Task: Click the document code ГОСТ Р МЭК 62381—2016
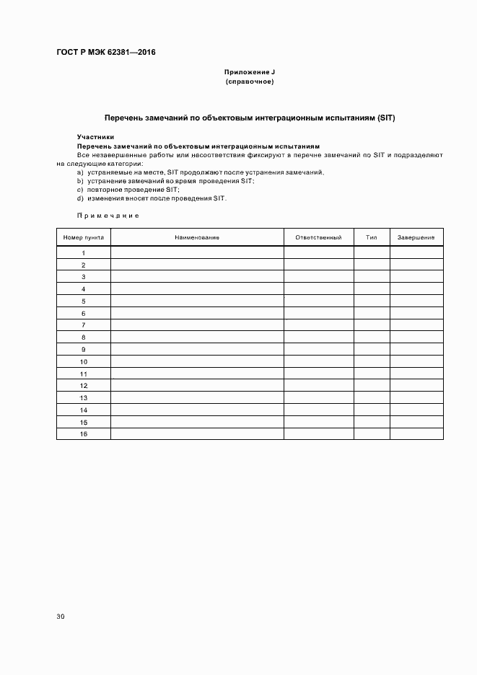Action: click(x=106, y=53)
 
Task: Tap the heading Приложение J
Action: click(x=250, y=73)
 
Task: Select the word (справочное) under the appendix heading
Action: click(x=250, y=82)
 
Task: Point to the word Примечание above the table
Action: click(x=108, y=215)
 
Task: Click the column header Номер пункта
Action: click(x=84, y=237)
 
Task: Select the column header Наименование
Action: click(x=196, y=237)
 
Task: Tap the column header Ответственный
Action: click(x=318, y=237)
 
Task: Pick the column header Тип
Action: click(x=372, y=237)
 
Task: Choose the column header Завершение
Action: click(x=416, y=237)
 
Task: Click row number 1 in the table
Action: click(x=84, y=253)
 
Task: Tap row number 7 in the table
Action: click(x=84, y=325)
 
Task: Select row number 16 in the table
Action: click(x=84, y=434)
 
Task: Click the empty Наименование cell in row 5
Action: click(x=196, y=301)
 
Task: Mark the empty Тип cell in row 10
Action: click(x=372, y=361)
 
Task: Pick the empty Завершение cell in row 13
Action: click(x=416, y=398)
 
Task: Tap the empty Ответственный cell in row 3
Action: click(x=318, y=277)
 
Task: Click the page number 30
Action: click(x=61, y=617)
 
